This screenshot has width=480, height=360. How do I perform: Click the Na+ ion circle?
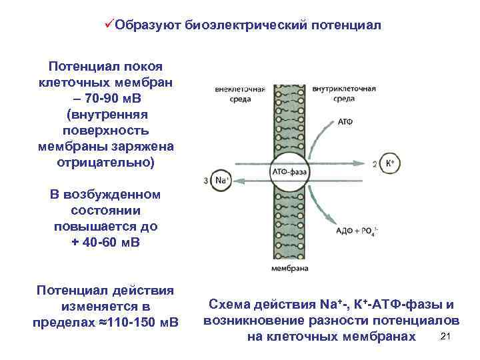click(220, 180)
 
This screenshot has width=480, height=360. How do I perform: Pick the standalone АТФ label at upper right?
click(345, 122)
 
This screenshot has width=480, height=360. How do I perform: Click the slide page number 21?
click(447, 336)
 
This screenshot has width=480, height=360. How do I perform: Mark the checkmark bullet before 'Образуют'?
click(110, 25)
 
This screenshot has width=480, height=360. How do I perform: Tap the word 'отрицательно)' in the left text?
click(107, 162)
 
